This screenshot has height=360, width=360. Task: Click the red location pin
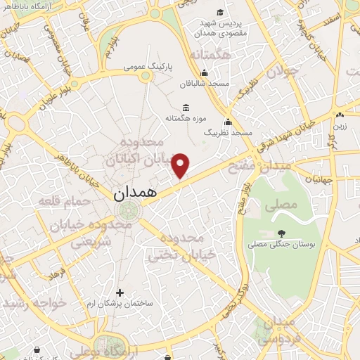coord(181,165)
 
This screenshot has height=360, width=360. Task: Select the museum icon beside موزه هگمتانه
coord(186,108)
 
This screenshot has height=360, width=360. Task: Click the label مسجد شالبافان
coord(205,83)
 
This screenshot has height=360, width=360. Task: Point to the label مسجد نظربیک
coord(223,131)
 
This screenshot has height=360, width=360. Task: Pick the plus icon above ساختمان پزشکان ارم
coord(120,292)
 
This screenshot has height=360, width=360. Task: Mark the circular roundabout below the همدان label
coord(127,210)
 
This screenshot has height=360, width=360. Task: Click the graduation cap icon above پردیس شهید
coord(220,12)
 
